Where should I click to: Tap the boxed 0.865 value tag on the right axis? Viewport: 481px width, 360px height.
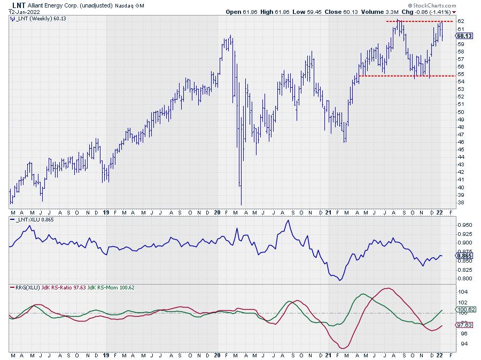pos(463,256)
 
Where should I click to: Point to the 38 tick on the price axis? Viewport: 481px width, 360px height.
pos(460,203)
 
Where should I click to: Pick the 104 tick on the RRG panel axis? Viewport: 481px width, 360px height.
pos(461,292)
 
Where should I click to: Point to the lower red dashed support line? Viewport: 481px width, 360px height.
pos(406,76)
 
